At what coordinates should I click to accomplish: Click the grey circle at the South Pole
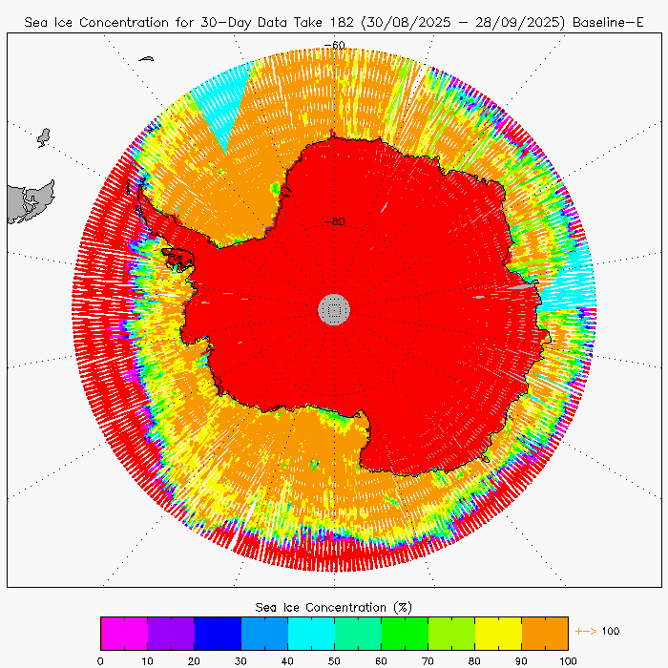point(334,308)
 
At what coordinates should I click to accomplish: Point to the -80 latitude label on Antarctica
point(334,221)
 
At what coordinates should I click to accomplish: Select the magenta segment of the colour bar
point(124,633)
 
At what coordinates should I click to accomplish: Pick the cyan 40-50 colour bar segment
point(311,633)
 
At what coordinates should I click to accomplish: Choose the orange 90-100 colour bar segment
point(545,633)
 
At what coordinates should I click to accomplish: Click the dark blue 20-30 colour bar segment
point(218,633)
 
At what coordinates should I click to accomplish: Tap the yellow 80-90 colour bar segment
point(498,633)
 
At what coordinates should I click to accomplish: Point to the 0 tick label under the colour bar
point(101,659)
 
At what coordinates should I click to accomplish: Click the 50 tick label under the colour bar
point(335,659)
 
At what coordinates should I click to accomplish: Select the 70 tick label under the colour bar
point(428,659)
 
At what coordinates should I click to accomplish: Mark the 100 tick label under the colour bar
point(568,659)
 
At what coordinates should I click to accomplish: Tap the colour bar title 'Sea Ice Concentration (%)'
point(334,607)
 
